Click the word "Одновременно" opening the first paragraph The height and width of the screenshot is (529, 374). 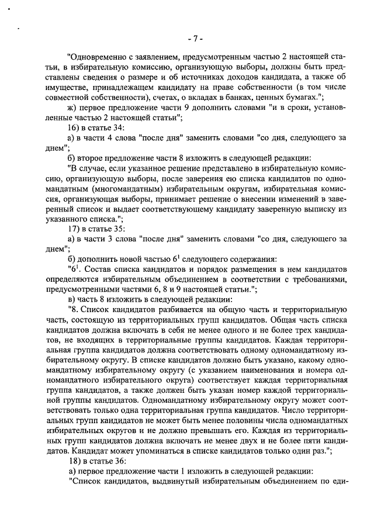click(98, 58)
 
